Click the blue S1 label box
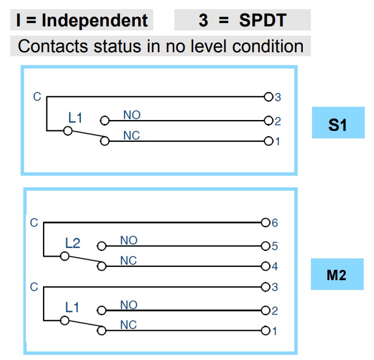point(338,123)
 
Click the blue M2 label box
point(337,274)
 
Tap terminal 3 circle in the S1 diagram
point(268,97)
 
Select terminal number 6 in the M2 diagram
point(275,223)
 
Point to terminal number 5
point(274,246)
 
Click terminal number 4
point(274,266)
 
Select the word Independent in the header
point(95,21)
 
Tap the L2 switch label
point(73,243)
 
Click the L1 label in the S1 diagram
point(76,118)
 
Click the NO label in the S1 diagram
point(131,115)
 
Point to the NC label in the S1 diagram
point(131,136)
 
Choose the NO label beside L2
point(128,240)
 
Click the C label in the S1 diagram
point(37,97)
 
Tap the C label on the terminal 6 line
point(34,222)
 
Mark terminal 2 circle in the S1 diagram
point(268,121)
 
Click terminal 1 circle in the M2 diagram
point(265,331)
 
